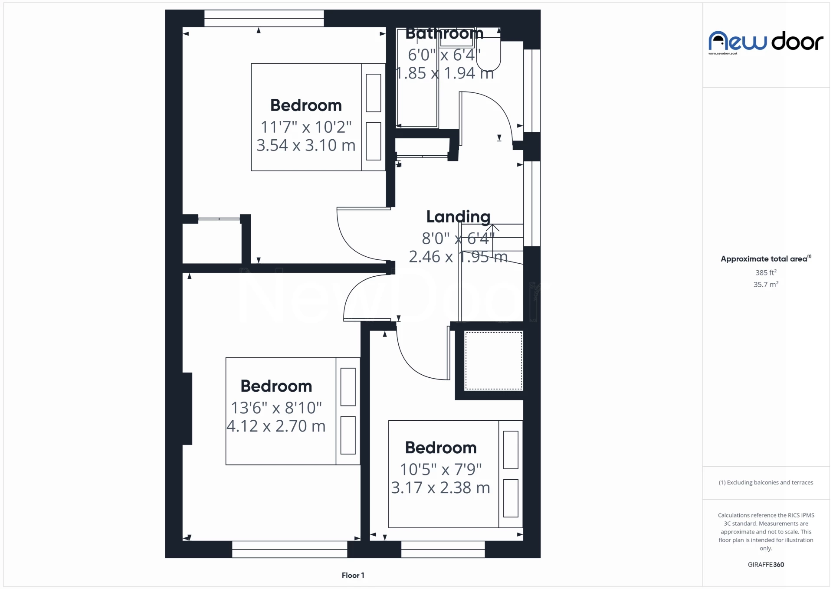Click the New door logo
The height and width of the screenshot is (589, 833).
click(765, 42)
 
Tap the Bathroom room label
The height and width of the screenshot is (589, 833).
click(444, 33)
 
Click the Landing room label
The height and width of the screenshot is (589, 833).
click(458, 216)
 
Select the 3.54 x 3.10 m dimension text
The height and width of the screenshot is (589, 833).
click(306, 145)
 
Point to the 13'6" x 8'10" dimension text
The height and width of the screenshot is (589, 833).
click(276, 408)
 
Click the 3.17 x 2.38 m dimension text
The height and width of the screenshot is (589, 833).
click(440, 488)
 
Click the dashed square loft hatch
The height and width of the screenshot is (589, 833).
click(493, 361)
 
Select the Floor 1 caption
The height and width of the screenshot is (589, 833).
click(353, 575)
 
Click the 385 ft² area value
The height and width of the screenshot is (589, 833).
click(766, 273)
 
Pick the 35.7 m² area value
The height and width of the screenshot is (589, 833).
click(766, 285)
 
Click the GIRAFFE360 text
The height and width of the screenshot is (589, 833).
click(766, 564)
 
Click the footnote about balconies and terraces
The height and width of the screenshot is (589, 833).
click(766, 482)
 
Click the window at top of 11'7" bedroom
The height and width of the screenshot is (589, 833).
click(264, 18)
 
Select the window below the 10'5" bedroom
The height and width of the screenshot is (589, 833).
click(443, 549)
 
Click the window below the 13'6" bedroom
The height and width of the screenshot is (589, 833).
click(289, 549)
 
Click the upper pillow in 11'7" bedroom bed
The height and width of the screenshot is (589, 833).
click(373, 93)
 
